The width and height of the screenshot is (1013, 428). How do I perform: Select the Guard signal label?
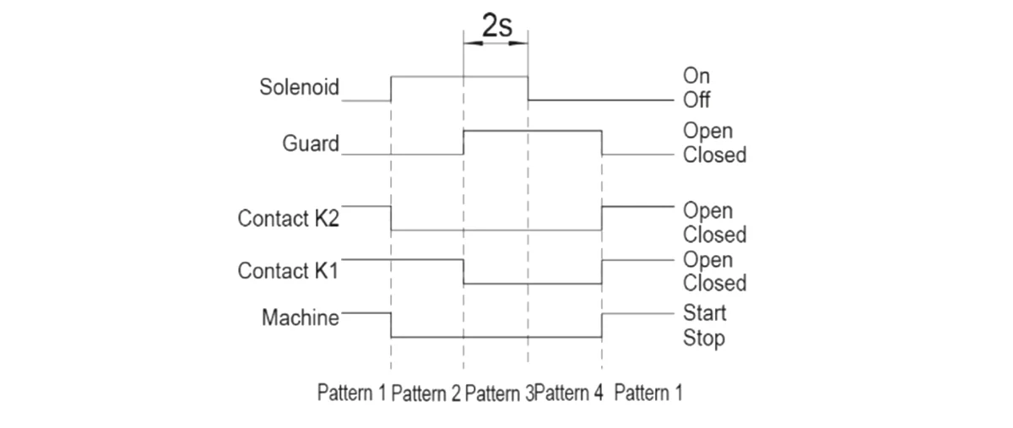click(310, 144)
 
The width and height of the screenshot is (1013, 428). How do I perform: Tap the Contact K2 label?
click(288, 219)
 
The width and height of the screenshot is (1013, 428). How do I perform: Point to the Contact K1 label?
click(288, 271)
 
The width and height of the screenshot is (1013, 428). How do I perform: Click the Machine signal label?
click(300, 318)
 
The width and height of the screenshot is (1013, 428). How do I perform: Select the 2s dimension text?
click(496, 25)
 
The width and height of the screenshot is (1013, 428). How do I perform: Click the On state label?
click(696, 77)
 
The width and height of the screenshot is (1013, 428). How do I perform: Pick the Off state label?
click(696, 100)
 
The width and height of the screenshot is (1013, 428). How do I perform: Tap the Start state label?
click(704, 313)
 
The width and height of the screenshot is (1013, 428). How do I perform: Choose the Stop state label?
click(704, 339)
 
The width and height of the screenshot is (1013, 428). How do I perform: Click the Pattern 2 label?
click(426, 393)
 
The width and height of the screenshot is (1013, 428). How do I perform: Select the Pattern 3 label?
click(499, 393)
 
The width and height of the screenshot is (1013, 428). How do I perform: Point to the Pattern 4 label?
click(570, 393)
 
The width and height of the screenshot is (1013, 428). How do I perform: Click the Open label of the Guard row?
click(707, 132)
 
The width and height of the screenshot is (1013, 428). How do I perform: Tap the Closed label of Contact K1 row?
click(715, 283)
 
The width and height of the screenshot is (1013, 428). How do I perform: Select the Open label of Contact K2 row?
click(707, 210)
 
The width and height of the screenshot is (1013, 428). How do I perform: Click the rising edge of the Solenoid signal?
click(391, 89)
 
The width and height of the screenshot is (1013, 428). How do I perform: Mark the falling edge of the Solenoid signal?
click(528, 89)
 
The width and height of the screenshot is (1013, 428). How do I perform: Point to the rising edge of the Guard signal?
click(463, 143)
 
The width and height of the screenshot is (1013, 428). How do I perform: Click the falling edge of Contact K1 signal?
click(463, 272)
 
